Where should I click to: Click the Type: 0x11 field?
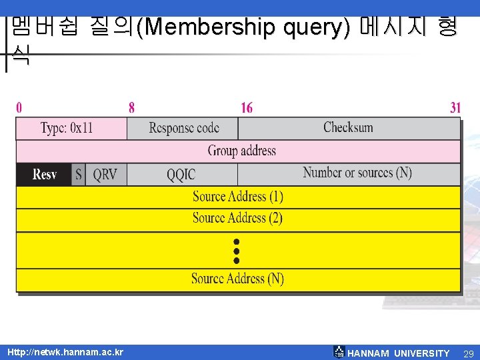(71, 128)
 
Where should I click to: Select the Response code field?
(183, 128)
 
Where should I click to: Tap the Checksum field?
(348, 128)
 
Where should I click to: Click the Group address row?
(238, 151)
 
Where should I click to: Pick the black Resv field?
(44, 175)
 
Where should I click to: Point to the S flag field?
(79, 175)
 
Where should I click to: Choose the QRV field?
(105, 175)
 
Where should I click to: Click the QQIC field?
(181, 175)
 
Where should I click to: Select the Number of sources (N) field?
(357, 173)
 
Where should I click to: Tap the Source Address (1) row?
(238, 197)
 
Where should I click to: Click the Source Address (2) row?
(238, 218)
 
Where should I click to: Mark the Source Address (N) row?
(238, 279)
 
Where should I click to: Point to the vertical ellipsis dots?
(236, 251)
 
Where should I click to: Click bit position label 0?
(19, 107)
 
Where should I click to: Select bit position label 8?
(131, 107)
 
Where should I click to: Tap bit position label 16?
(247, 107)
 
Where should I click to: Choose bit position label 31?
(455, 107)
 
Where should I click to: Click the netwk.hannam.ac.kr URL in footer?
(65, 352)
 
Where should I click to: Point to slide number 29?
(468, 353)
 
